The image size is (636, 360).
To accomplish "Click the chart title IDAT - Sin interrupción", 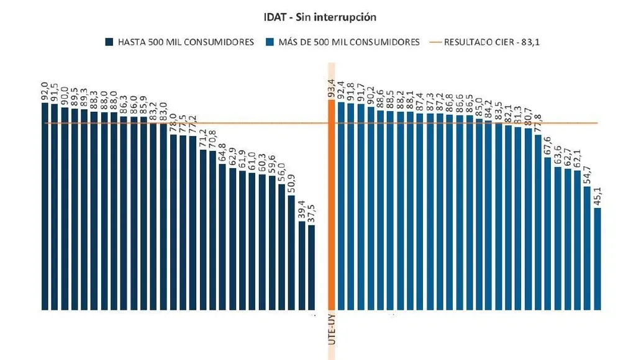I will (320, 17).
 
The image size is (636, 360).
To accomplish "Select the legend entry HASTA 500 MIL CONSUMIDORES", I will (180, 42).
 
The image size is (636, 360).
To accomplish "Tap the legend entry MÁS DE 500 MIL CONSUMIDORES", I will (342, 42).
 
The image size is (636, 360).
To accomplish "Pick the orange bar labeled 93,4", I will (331, 205).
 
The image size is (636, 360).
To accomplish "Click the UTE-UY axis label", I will (332, 329).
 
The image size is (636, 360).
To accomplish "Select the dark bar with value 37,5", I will (311, 267).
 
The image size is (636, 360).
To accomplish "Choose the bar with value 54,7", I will (588, 248).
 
